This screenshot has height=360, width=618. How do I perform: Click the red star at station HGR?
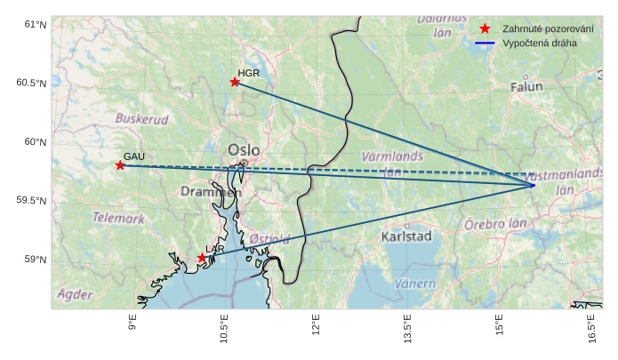[235, 82]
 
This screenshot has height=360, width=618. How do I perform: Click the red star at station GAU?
[120, 165]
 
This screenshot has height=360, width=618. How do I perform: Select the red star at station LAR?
[202, 258]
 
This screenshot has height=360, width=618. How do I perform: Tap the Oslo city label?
[244, 150]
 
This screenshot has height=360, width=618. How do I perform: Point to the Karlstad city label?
[405, 236]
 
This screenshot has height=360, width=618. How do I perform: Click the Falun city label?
[526, 86]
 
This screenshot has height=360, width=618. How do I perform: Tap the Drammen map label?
[211, 191]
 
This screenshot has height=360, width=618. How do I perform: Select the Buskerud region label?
[141, 118]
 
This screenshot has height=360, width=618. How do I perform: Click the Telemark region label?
[118, 218]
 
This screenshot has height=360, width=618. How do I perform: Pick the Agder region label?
[75, 293]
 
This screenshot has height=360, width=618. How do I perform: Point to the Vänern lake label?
[414, 284]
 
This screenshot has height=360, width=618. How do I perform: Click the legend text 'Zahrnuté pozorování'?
[548, 28]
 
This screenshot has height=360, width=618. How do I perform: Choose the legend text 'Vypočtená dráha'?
[539, 43]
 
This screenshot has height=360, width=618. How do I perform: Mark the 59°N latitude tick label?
[35, 260]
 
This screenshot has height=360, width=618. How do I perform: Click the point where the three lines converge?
[534, 185]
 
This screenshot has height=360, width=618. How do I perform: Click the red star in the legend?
[485, 28]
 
